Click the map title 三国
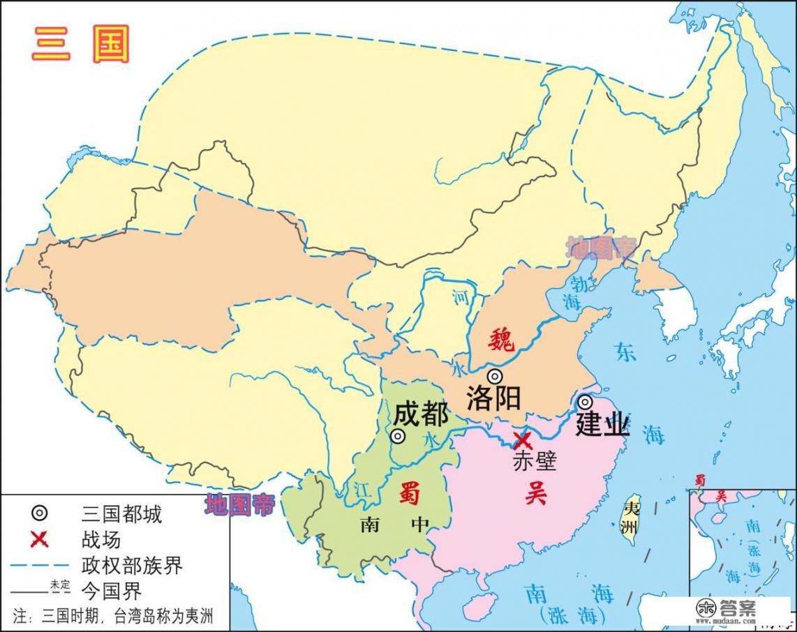tap(80, 46)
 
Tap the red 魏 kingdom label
tap(500, 340)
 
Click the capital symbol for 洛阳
tap(495, 377)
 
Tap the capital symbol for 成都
tap(398, 437)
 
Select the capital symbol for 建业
tap(584, 402)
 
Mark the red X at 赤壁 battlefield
tap(521, 441)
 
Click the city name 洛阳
tap(494, 399)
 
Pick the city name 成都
tap(421, 414)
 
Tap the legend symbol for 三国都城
tap(40, 514)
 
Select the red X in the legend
tap(40, 539)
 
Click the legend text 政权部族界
tap(132, 564)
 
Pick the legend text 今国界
tap(112, 591)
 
